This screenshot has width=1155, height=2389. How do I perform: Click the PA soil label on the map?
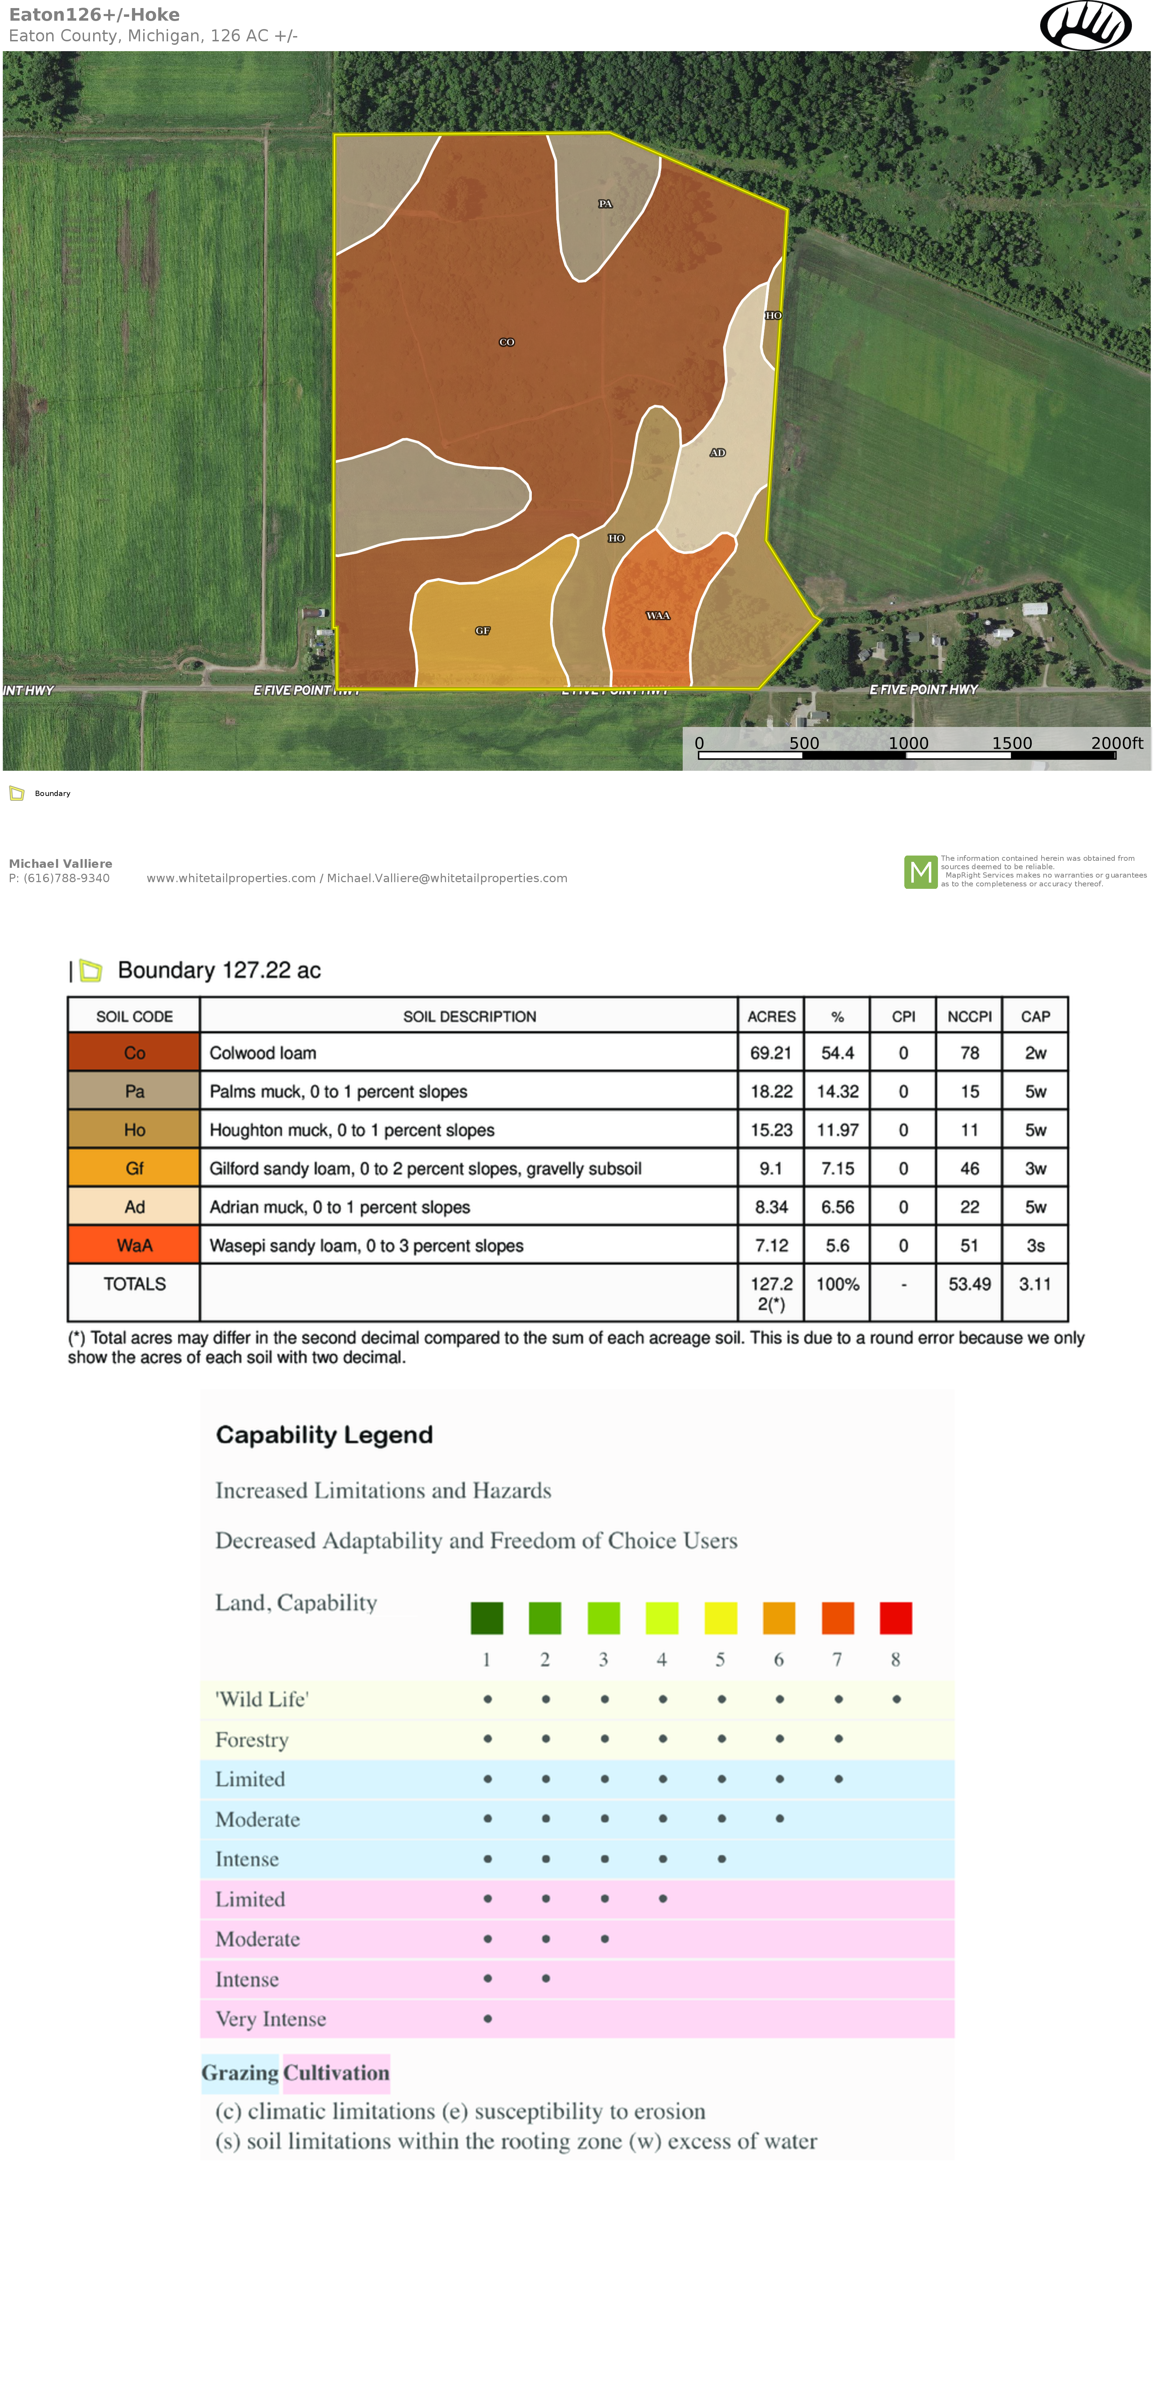pyautogui.click(x=604, y=204)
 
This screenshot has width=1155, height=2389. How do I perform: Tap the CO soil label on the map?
pyautogui.click(x=506, y=342)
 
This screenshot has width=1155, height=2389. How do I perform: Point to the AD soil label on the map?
pyautogui.click(x=717, y=453)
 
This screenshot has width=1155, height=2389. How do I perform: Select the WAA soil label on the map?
pyautogui.click(x=657, y=616)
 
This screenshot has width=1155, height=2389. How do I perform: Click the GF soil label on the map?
pyautogui.click(x=482, y=631)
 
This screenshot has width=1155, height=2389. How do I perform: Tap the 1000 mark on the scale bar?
pyautogui.click(x=907, y=743)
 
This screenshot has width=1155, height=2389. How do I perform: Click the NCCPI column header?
pyautogui.click(x=969, y=1016)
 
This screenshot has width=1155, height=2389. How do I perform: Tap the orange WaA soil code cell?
pyautogui.click(x=134, y=1245)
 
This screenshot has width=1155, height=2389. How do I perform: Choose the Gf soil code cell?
pyautogui.click(x=134, y=1168)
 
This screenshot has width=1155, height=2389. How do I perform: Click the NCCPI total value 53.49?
pyautogui.click(x=969, y=1284)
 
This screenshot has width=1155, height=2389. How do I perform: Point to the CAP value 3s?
pyautogui.click(x=1035, y=1245)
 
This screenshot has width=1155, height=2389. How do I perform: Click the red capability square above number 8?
pyautogui.click(x=896, y=1618)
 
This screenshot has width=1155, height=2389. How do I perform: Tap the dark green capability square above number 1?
pyautogui.click(x=487, y=1618)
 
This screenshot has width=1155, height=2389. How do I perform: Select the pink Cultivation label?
pyautogui.click(x=335, y=2073)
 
